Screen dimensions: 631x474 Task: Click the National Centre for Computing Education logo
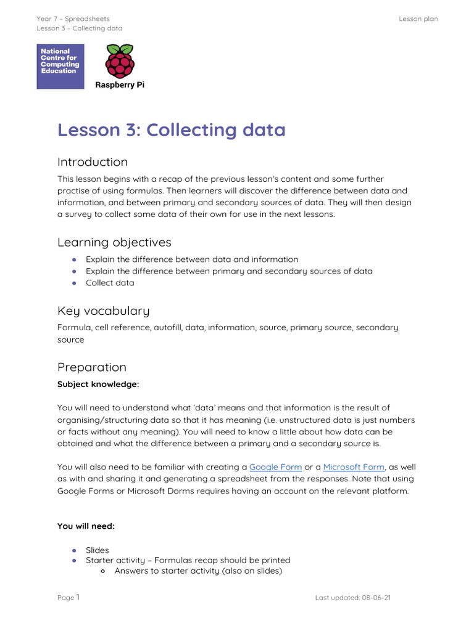[x=60, y=67]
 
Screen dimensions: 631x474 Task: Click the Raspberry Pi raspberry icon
[x=119, y=60]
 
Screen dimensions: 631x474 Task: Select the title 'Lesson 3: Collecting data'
[x=171, y=130]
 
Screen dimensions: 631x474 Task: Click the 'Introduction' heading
[x=93, y=162]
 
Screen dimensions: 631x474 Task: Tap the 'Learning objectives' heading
[x=114, y=242]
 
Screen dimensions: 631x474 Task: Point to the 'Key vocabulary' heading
[x=103, y=311]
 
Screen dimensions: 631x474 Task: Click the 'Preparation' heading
[x=91, y=367]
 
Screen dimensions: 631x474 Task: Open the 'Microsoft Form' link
[x=354, y=467]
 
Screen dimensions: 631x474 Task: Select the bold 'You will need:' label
[x=86, y=526]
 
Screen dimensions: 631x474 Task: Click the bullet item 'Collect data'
[x=110, y=283]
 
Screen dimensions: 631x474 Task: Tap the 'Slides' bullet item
[x=97, y=550]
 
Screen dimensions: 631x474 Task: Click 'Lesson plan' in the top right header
[x=418, y=19]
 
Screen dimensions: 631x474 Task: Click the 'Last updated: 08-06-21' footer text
[x=352, y=598]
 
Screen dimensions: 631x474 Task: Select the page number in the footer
[x=78, y=597]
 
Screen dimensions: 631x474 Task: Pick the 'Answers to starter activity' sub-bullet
[x=197, y=571]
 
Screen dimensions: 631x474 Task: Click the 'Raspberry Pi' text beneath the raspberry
[x=119, y=85]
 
